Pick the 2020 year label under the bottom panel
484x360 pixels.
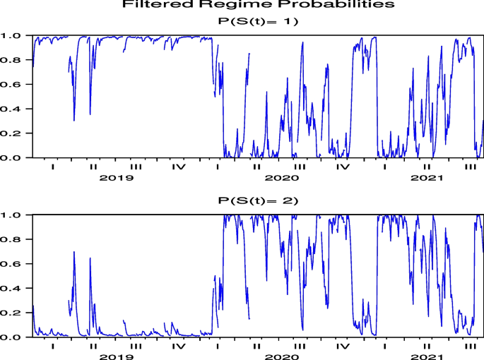(x=278, y=357)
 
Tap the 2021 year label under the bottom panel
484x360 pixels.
(x=426, y=357)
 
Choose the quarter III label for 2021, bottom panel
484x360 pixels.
(x=468, y=347)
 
